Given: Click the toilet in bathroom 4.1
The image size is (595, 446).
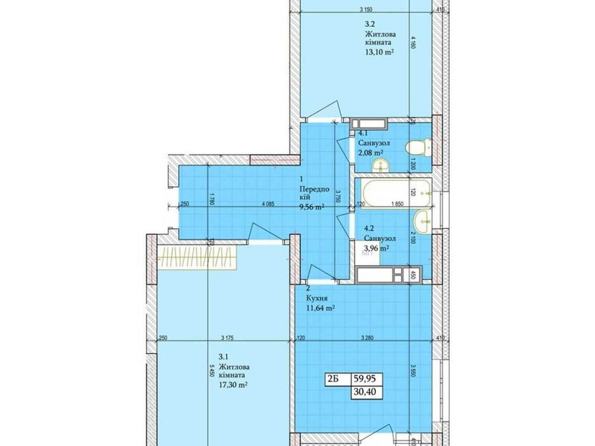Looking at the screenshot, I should point(416,146).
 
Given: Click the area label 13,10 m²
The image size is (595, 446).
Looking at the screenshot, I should point(381,52).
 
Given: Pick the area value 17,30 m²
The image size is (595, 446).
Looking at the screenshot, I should point(233,385).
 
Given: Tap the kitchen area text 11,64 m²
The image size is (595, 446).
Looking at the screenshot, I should point(320,308).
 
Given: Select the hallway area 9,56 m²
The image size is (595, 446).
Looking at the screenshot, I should point(311,207).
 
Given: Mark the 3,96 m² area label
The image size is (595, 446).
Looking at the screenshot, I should point(376,249).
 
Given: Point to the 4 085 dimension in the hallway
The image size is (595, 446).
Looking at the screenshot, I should point(271,205).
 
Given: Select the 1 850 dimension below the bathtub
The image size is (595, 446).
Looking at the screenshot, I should point(397,205).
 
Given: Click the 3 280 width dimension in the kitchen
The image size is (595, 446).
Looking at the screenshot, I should point(369,338).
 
